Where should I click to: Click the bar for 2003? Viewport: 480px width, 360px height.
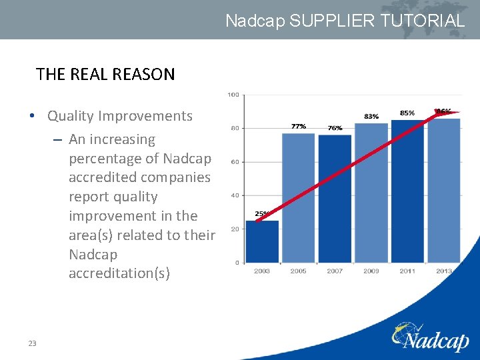tap(262, 241)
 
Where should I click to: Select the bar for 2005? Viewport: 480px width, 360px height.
tap(298, 198)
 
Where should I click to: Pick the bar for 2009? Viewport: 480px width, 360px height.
tap(371, 193)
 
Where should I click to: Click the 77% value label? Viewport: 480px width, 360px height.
tap(299, 126)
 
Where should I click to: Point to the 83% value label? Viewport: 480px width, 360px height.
tap(371, 116)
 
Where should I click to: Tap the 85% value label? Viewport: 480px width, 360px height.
tap(407, 113)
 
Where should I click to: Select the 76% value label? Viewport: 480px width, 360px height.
tap(335, 128)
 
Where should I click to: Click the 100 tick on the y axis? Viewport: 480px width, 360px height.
tap(233, 95)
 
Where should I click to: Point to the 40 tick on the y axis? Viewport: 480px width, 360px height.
tap(235, 195)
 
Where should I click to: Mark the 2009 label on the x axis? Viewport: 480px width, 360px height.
tap(371, 271)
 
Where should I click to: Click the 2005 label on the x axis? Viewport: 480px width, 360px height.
tap(298, 271)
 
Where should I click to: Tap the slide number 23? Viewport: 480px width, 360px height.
tap(32, 343)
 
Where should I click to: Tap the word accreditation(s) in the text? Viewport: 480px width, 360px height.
tap(119, 273)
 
